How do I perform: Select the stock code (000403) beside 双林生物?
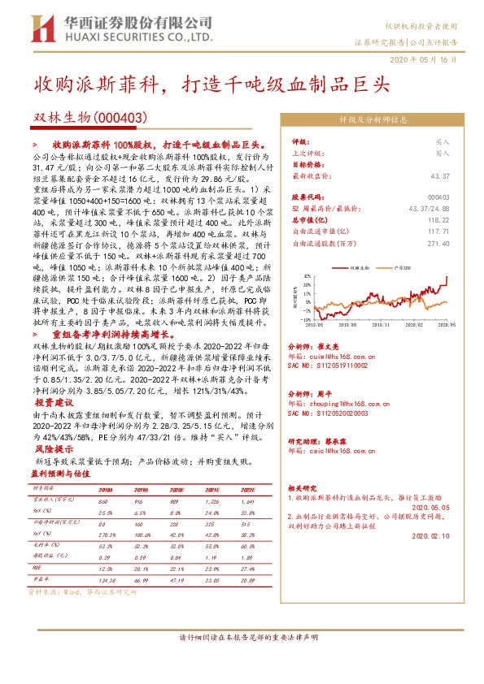[x=119, y=119]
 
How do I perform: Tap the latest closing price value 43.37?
[x=439, y=176]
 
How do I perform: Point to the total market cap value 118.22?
[x=439, y=219]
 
